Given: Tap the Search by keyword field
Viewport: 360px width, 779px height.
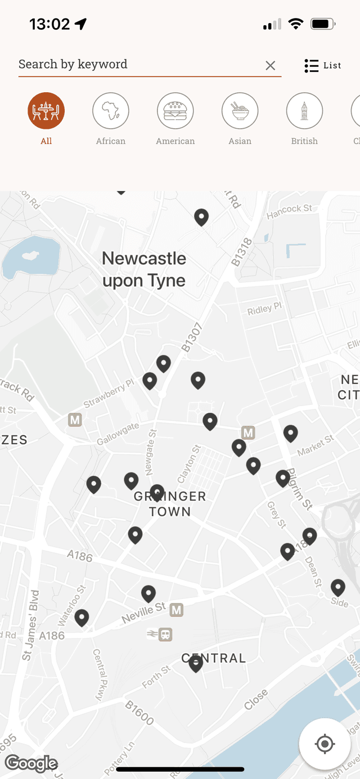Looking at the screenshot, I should point(135,65).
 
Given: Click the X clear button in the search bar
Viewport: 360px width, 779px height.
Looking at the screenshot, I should point(271,66).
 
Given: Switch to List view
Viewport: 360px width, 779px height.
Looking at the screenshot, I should point(323,66).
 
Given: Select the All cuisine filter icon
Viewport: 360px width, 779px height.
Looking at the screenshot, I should point(46,111).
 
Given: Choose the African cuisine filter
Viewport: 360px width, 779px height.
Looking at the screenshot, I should point(111,111).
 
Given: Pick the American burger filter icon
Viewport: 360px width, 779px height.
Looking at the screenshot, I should point(175,111).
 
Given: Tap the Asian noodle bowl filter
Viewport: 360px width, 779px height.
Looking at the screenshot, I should point(240,111).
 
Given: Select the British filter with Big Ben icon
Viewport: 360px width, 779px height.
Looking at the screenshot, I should point(304,111).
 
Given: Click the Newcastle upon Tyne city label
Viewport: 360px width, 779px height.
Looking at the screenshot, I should point(144,269).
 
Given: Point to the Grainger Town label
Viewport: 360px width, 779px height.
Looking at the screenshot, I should point(170,504).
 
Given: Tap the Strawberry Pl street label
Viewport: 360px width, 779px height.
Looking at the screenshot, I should point(109,393).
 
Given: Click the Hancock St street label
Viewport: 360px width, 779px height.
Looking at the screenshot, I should point(289,209).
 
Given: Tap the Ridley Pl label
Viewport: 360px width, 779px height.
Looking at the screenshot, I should point(264,309).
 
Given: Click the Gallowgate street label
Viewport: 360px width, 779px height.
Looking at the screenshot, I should point(118,434).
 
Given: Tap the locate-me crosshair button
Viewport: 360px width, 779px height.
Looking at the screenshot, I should point(325,744).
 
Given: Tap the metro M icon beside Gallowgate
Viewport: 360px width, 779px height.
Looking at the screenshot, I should point(75,420).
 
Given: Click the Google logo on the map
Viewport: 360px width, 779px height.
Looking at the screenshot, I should point(31,763).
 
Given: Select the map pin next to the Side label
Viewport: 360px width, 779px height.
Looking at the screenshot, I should point(338,587).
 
